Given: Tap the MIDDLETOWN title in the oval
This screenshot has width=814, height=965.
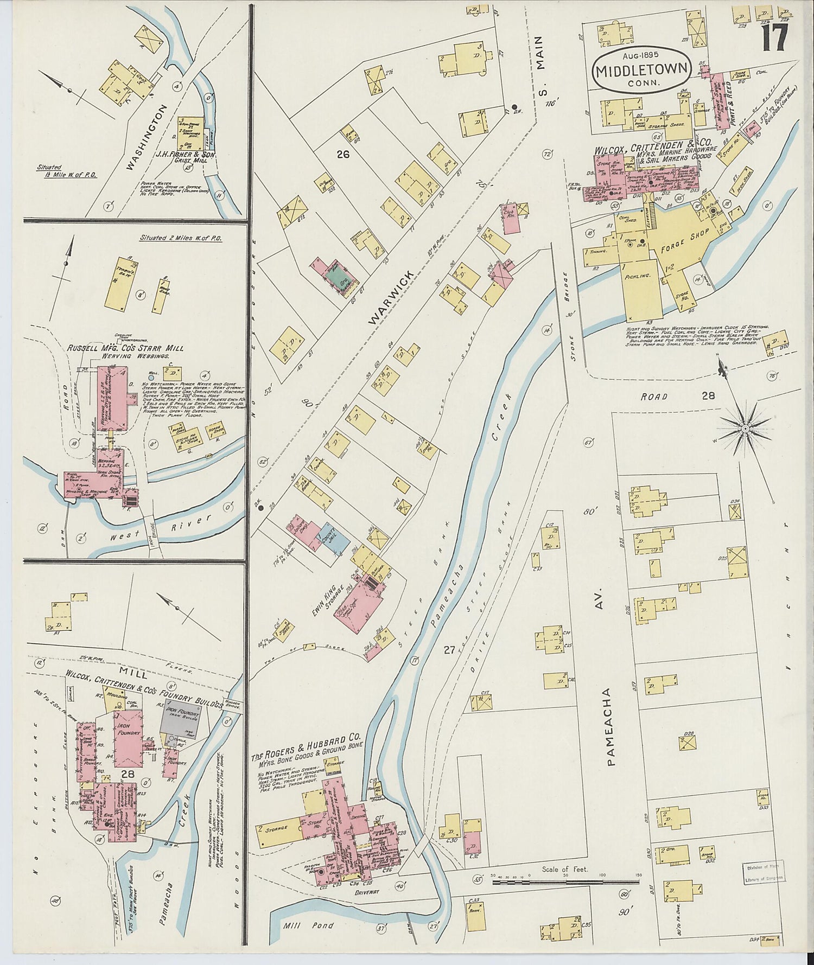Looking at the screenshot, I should tap(642, 71).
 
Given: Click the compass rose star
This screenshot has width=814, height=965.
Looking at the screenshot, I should tap(746, 429).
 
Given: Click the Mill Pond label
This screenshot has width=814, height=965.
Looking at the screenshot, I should tap(302, 925).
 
